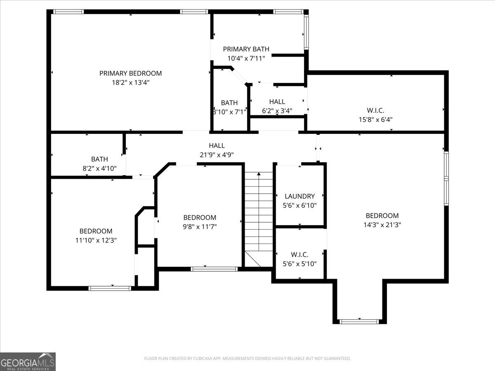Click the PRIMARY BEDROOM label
(x=130, y=73)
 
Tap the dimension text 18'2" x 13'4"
(x=130, y=82)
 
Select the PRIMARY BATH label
(x=246, y=49)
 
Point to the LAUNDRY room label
(x=299, y=196)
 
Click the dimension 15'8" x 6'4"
(x=375, y=120)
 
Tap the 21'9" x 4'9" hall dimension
(x=217, y=155)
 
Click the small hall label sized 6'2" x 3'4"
(x=277, y=101)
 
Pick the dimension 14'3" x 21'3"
(x=382, y=225)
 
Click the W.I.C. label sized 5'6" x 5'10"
(x=299, y=255)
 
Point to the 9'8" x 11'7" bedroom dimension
(x=200, y=227)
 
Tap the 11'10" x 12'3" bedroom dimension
(x=96, y=240)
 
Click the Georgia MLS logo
(x=28, y=362)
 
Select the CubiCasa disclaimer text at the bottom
(x=247, y=359)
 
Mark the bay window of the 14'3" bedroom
(x=359, y=321)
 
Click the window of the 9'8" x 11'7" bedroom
(x=214, y=269)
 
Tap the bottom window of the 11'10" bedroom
(x=110, y=288)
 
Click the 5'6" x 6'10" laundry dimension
(x=299, y=205)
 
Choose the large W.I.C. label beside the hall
(x=375, y=110)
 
